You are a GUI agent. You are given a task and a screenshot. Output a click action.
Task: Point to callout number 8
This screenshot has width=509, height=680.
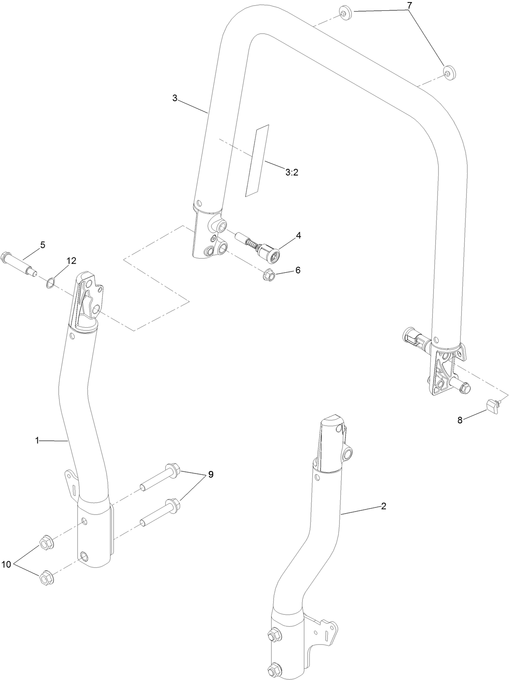[x=459, y=420]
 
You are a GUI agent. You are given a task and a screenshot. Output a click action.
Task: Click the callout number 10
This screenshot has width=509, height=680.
[x=6, y=564]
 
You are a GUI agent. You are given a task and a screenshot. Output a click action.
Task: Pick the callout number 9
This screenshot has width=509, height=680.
[x=211, y=475]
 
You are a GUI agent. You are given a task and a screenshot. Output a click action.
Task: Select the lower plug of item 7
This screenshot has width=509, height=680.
[x=448, y=72]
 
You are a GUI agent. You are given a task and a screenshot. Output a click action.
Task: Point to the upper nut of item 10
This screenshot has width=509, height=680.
[x=45, y=542]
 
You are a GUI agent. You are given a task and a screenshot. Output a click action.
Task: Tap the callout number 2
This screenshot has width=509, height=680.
[x=384, y=506]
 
